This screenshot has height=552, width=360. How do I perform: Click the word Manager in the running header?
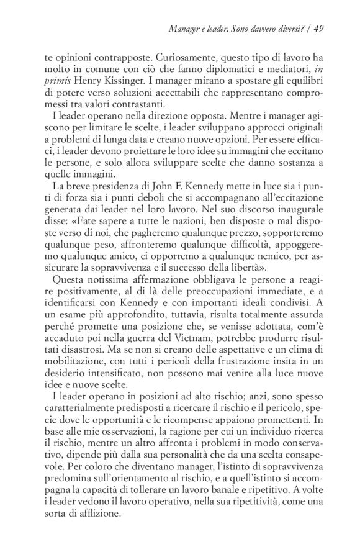186,27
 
